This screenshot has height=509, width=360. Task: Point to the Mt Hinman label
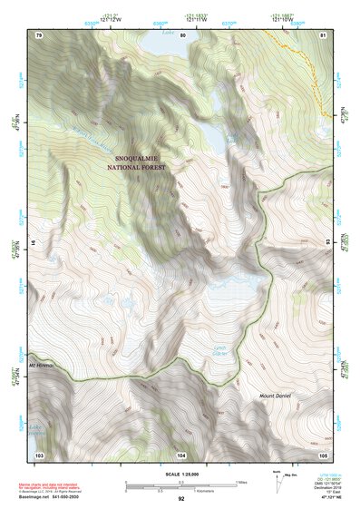point(42,365)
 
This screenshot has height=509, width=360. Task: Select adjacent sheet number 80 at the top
point(182,34)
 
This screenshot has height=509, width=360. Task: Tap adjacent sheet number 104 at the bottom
point(182,453)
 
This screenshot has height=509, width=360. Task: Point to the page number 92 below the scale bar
point(181,499)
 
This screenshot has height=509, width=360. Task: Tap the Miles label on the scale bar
point(241,481)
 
